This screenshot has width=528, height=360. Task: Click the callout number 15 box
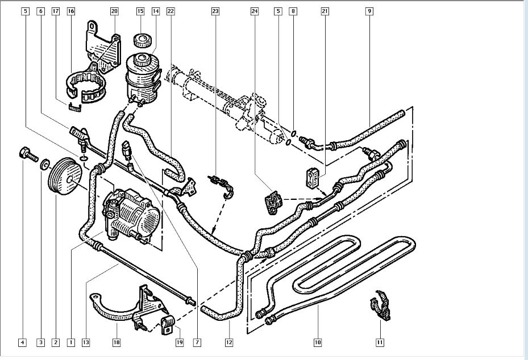pos(140,11)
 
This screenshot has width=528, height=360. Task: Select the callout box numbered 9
pos(369,11)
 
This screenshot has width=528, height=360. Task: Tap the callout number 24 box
pos(255,11)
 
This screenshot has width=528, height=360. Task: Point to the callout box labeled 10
pos(317,342)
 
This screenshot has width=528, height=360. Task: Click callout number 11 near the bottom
pos(379,342)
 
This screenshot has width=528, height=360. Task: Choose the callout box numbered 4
pos(22,342)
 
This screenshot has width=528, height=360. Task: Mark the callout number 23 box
pos(215,11)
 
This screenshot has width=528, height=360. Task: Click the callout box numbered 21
pos(325,11)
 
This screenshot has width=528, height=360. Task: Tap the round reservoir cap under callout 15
pos(140,41)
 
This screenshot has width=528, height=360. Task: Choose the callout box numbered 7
pos(197,342)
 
